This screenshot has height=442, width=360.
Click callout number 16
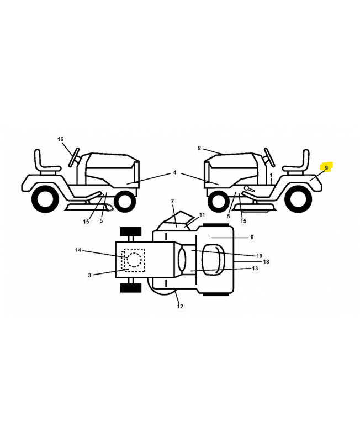tap(60, 139)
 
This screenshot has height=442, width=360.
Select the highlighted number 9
tap(326, 168)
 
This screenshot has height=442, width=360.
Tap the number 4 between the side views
tap(174, 172)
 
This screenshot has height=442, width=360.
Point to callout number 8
tap(199, 148)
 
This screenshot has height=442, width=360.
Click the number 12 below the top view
tap(180, 306)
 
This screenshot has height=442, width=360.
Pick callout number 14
tap(78, 250)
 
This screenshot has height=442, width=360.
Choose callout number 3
tap(89, 275)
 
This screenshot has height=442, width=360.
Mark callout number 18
tap(266, 261)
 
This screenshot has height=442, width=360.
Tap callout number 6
tap(252, 238)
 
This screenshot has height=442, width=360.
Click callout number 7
tap(172, 201)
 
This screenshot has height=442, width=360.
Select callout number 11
tap(202, 215)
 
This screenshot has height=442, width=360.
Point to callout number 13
tap(255, 269)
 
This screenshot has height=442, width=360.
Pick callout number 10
tap(259, 256)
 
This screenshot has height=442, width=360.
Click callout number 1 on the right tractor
tap(271, 176)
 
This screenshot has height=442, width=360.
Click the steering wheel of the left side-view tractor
tap(74, 157)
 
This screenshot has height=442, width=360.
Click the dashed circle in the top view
tap(134, 260)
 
